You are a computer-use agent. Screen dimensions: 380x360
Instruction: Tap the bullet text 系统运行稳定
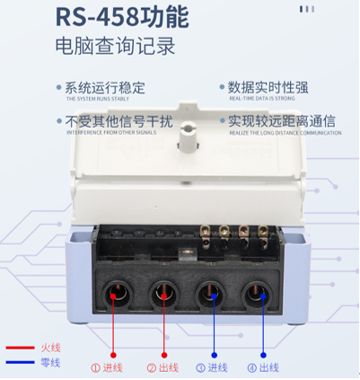(x=106, y=88)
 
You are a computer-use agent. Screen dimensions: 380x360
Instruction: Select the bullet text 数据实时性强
(x=268, y=88)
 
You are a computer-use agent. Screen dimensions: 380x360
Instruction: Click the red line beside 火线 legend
(x=18, y=348)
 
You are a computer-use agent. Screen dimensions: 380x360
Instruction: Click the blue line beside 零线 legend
(x=18, y=362)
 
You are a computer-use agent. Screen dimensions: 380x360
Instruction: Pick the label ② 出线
(x=163, y=367)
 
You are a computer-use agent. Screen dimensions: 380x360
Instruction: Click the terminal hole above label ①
(x=116, y=291)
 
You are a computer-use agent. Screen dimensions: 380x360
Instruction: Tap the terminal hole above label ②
(x=164, y=291)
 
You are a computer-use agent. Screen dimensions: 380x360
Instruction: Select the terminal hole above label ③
(x=213, y=291)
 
